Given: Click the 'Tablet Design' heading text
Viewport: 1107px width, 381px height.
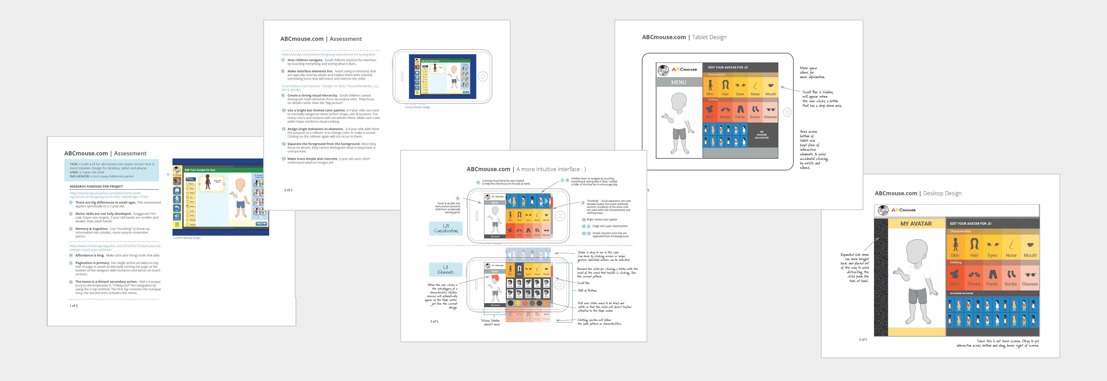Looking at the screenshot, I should (709, 37).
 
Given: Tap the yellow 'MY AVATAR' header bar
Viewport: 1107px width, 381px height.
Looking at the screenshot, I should (916, 224).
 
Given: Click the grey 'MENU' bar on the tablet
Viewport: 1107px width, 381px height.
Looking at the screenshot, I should (679, 82).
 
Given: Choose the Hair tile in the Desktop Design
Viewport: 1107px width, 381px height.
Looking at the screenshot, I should (974, 248).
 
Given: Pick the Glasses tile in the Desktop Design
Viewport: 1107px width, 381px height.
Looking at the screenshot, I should (1030, 277).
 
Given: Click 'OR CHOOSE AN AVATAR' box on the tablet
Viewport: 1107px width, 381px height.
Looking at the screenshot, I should (762, 135).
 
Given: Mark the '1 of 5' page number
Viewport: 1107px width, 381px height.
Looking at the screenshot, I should (74, 306).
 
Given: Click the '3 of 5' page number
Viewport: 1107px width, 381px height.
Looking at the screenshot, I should (434, 321).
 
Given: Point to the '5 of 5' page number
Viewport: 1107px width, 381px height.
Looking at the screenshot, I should (863, 339).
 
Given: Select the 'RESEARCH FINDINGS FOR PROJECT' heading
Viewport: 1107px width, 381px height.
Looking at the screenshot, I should (96, 186).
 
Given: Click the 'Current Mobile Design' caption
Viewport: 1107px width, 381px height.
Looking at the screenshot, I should (417, 107).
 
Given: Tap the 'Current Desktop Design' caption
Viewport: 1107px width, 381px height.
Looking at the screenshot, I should (187, 238).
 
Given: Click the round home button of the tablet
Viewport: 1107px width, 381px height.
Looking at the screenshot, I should (787, 112).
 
